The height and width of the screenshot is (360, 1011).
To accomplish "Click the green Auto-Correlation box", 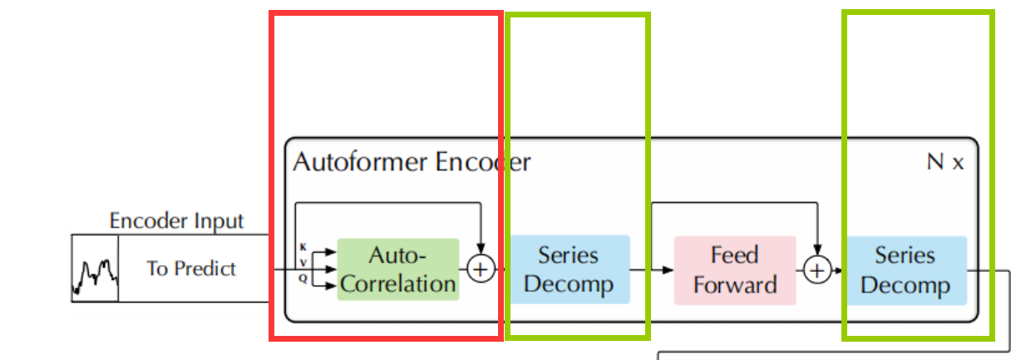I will pos(397,269).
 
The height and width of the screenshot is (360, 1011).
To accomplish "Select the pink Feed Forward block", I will pos(734,269).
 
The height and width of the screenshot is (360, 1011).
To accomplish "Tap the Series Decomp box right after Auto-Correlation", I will pos(569,269).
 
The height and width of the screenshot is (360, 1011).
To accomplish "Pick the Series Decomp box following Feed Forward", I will pos(905,269).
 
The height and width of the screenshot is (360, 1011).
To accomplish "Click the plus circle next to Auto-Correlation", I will pos(481,269).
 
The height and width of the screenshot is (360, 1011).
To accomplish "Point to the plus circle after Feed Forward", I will pos(817,269).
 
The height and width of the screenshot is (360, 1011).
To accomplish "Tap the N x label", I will pos(945,162).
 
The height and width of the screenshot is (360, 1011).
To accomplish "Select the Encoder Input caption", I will pos(177,221).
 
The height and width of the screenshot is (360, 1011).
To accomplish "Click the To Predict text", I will pos(191,269).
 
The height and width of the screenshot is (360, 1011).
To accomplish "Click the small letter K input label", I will pos(303,247).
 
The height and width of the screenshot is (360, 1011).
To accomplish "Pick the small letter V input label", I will pos(303,263).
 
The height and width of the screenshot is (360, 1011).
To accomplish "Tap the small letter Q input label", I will pos(303,279).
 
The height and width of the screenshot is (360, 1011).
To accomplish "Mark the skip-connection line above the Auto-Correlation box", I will pos(387,202).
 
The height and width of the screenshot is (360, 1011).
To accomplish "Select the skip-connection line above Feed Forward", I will pos(735,202).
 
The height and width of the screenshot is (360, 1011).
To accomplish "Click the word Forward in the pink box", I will pos(735,285).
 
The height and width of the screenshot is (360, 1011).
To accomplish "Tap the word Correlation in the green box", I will pos(398,284).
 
